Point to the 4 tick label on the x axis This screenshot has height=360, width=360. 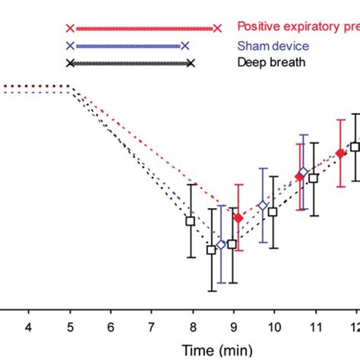(29, 326)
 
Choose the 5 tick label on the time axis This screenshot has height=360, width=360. (70, 326)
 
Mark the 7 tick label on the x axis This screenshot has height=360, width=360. (151, 326)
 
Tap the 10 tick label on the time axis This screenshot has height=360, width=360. (273, 326)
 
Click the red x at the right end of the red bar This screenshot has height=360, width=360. (218, 28)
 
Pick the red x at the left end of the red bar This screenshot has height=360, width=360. (70, 28)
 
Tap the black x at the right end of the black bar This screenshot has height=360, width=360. (191, 63)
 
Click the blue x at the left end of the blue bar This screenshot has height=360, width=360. (70, 46)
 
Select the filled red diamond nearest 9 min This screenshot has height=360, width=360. (238, 218)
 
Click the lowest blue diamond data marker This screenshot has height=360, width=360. (221, 245)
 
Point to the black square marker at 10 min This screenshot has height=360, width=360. (273, 212)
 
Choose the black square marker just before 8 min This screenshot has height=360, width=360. (191, 221)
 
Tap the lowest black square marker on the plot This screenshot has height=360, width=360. (212, 249)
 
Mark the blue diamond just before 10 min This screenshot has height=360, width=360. (263, 205)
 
